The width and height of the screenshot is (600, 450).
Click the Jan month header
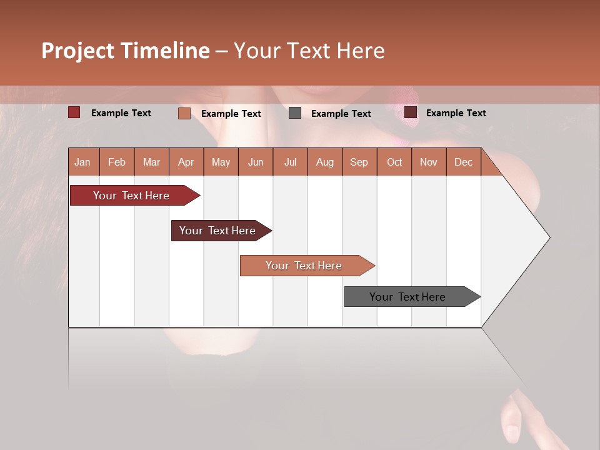click(82, 162)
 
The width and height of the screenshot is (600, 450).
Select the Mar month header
click(151, 162)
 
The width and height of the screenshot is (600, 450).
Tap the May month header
click(221, 162)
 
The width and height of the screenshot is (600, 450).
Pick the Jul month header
click(290, 162)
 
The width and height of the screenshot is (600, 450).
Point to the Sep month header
click(359, 162)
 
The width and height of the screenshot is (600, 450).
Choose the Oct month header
click(394, 162)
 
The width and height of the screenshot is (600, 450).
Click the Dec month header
click(463, 162)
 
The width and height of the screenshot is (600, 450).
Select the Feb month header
click(117, 162)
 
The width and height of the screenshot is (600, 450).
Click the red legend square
click(74, 112)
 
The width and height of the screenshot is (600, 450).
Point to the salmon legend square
click(184, 113)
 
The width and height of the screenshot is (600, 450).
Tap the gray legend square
click(295, 113)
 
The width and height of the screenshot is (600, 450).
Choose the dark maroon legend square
click(411, 112)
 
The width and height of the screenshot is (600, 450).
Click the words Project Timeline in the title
click(126, 51)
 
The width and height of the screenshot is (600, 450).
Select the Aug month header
click(324, 162)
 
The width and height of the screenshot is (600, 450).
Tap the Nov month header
click(428, 162)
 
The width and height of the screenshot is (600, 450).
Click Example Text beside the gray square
click(341, 114)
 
